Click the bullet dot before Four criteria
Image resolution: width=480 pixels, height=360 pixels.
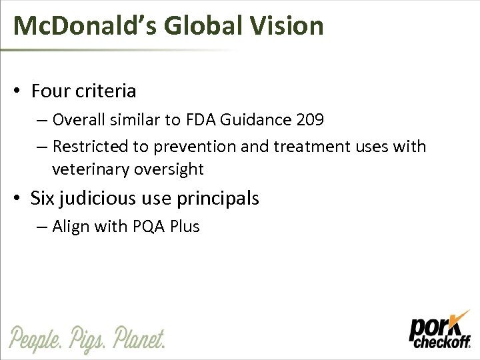click(x=22, y=91)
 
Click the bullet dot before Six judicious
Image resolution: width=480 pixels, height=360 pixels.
click(x=22, y=199)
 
